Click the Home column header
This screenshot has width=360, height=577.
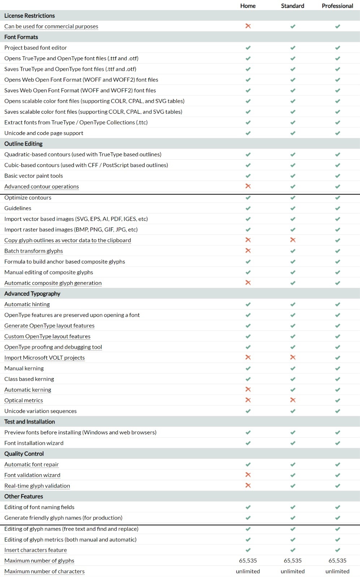[248, 6]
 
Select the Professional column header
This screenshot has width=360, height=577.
[337, 6]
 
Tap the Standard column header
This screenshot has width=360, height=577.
[292, 6]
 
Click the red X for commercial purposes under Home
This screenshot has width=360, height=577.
[248, 26]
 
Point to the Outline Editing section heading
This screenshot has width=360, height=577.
[23, 144]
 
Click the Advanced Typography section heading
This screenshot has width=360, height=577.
[32, 294]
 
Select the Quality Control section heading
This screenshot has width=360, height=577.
[24, 454]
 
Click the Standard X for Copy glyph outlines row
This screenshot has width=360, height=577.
[293, 240]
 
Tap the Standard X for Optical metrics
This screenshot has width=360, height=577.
[293, 400]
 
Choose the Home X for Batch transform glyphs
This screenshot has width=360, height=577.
[248, 251]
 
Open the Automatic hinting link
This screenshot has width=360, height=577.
[27, 304]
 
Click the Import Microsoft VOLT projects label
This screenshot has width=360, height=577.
[44, 357]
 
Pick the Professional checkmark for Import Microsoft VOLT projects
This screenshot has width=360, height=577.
[337, 358]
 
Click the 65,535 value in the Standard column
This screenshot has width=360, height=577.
[292, 560]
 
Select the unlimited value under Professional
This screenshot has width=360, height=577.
[337, 571]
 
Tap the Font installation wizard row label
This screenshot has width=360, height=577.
[34, 443]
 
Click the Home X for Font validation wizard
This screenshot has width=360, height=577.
[248, 475]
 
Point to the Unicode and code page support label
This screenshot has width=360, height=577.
[44, 133]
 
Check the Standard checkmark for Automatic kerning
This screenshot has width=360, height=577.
[293, 390]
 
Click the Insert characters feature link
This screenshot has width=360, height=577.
[35, 550]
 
